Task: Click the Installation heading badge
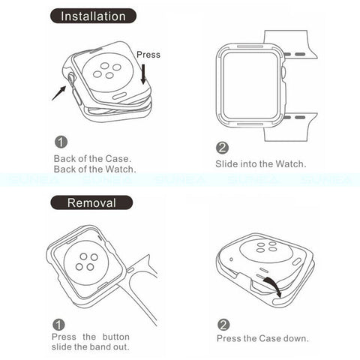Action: (x=93, y=16)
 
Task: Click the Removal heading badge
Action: (x=91, y=202)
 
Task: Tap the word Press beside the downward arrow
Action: (x=148, y=55)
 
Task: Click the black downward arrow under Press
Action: (x=143, y=74)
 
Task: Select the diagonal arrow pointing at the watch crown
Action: (x=59, y=93)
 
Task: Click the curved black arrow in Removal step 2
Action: (x=273, y=286)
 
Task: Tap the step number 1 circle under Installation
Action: (x=61, y=142)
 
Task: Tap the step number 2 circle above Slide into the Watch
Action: (x=222, y=148)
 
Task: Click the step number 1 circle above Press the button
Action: (x=58, y=325)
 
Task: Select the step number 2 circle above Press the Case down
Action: (x=223, y=325)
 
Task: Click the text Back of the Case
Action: (x=92, y=159)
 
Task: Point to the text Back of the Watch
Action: (x=95, y=169)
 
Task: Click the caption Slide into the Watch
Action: (x=261, y=164)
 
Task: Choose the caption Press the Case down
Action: (x=262, y=338)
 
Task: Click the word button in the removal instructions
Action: (x=116, y=337)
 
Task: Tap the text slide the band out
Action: (x=91, y=347)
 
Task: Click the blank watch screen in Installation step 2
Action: (x=250, y=85)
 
